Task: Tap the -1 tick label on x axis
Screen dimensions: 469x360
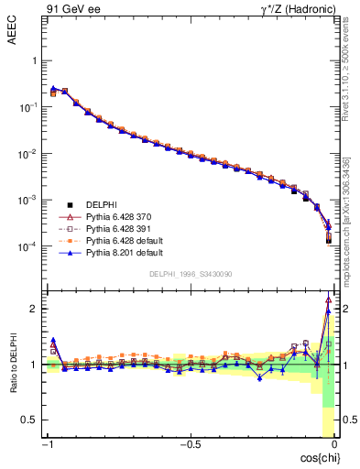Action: [49, 444]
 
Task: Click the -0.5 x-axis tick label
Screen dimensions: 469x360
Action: [188, 444]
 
